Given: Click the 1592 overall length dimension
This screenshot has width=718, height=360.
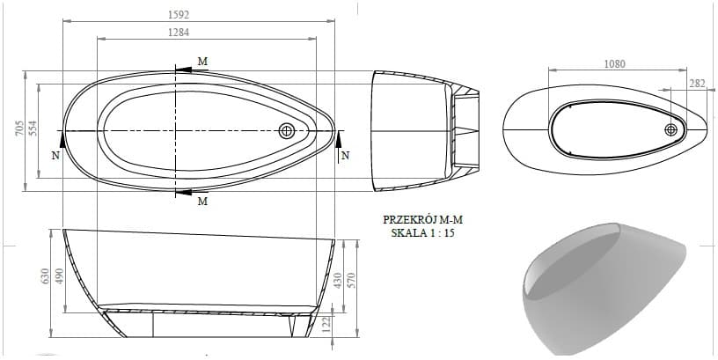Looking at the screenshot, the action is (179, 15).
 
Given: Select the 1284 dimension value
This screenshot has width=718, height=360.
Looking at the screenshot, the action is (179, 33).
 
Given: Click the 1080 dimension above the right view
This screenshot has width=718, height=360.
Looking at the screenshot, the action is (614, 64).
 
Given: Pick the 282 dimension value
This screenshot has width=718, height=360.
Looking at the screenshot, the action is (698, 83).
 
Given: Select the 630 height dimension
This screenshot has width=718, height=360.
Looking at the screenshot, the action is (45, 277).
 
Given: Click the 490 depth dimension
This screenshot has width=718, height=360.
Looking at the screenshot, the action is (60, 276).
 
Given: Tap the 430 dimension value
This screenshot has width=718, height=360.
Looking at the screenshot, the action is (338, 281).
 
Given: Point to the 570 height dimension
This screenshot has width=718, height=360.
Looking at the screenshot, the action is (352, 281).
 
